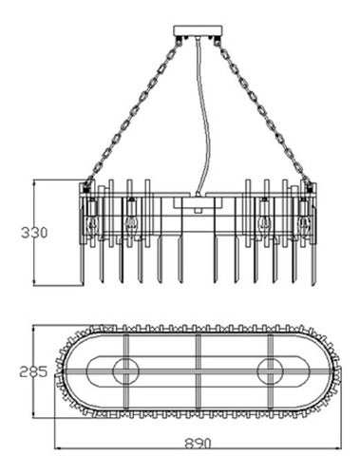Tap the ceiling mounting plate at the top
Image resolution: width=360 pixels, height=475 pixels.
click(197, 36)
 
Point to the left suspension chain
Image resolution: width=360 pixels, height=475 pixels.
click(133, 109)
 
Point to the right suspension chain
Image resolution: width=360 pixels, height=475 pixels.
click(260, 109)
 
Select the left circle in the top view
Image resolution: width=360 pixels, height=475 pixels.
click(125, 370)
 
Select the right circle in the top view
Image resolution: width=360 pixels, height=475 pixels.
click(269, 370)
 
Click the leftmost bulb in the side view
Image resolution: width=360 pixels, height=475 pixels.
click(92, 224)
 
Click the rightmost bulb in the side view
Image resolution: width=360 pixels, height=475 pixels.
click(304, 224)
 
